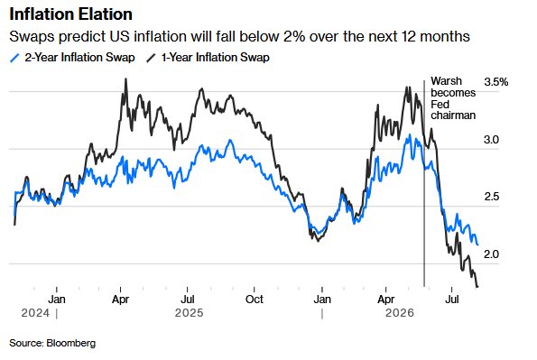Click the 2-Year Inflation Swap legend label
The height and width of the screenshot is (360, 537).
(x=79, y=58)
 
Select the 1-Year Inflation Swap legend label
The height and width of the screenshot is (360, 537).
(x=216, y=58)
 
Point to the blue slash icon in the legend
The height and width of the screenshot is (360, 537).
(x=14, y=58)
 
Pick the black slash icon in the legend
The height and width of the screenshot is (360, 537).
(x=151, y=58)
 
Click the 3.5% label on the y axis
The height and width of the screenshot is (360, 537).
(x=495, y=82)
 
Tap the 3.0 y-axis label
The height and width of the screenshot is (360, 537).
(x=491, y=140)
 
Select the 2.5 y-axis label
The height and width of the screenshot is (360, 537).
(x=492, y=197)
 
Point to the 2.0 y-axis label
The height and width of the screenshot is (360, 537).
(x=491, y=254)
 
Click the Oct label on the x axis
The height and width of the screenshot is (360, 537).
(x=255, y=300)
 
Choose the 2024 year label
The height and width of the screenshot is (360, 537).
(x=35, y=313)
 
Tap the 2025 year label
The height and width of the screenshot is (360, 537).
(x=189, y=313)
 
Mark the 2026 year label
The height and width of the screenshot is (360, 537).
(x=400, y=313)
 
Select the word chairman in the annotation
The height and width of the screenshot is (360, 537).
(x=453, y=115)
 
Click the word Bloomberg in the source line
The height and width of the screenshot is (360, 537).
(x=71, y=343)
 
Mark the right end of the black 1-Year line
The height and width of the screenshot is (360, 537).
(x=477, y=286)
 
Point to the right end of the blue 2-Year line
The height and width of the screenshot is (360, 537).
(x=477, y=245)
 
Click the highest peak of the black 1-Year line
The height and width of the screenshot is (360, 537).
(x=125, y=79)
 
